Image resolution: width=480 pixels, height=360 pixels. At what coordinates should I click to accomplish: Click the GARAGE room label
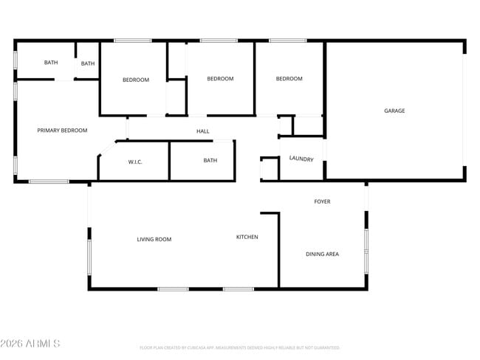(x=394, y=111)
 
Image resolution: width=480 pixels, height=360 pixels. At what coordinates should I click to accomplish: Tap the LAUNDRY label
(x=301, y=159)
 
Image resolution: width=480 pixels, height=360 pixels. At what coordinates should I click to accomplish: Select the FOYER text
(x=322, y=201)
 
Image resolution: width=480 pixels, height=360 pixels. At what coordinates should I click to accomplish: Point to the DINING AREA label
(x=322, y=254)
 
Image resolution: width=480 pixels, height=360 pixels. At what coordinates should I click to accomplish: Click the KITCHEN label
(x=247, y=237)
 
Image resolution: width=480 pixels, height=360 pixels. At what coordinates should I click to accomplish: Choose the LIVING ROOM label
(x=154, y=239)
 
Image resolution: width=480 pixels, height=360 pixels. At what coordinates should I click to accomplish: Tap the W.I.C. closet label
(x=135, y=162)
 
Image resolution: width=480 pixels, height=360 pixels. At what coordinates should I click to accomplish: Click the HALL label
(x=202, y=131)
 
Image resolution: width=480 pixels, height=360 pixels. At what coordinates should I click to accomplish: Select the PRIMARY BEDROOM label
(x=62, y=131)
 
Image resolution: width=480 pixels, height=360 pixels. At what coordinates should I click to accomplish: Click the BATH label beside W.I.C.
(x=210, y=160)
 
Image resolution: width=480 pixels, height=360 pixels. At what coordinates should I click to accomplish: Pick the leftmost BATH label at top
(x=50, y=63)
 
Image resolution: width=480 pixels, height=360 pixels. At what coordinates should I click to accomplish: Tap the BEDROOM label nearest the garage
(x=289, y=79)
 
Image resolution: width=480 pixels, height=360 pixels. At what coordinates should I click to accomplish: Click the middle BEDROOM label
(x=220, y=79)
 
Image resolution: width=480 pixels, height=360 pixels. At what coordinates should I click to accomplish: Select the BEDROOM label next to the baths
(x=136, y=80)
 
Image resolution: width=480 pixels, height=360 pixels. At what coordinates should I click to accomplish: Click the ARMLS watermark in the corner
(x=30, y=344)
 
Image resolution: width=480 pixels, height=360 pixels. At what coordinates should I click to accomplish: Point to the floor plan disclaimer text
(x=239, y=347)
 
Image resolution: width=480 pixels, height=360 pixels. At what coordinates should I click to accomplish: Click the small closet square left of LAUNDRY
(x=270, y=169)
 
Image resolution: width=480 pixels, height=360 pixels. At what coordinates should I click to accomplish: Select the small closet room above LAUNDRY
(x=308, y=126)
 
